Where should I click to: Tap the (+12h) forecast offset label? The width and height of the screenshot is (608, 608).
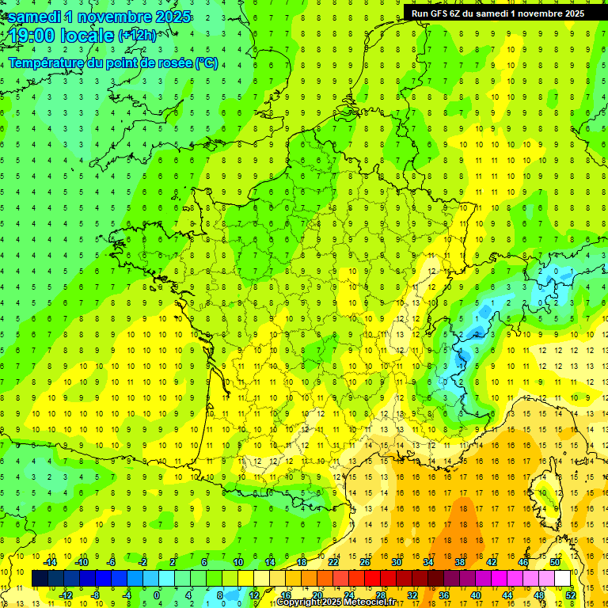[x=137, y=36]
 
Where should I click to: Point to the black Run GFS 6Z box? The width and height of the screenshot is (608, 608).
[x=498, y=13]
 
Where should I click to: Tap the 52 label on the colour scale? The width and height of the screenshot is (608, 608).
[x=570, y=595]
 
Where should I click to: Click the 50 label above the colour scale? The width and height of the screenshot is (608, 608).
[x=554, y=562]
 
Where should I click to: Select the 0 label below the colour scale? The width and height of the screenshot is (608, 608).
[x=156, y=595]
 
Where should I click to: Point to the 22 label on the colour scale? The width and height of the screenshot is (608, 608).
[x=333, y=562]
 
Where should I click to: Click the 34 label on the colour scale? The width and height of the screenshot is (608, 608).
[x=427, y=562]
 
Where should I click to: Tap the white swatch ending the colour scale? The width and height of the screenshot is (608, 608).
[x=562, y=579]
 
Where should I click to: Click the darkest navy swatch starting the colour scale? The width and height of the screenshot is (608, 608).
[x=40, y=579]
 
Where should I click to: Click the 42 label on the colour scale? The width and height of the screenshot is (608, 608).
[x=491, y=562]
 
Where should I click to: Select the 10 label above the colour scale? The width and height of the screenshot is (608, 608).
[x=238, y=562]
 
